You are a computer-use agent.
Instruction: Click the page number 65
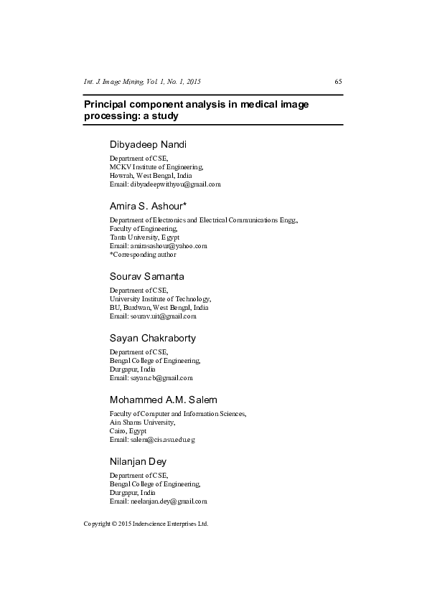[339, 81]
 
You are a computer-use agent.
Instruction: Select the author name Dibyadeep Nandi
[148, 145]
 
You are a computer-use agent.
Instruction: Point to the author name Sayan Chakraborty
[152, 338]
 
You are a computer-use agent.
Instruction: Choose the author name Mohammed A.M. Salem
[163, 400]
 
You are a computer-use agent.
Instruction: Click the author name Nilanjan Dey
[139, 461]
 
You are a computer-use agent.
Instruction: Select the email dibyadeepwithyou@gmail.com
[174, 184]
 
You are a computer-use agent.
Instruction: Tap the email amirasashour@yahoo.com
[168, 245]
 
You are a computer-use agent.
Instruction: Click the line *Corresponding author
[143, 254]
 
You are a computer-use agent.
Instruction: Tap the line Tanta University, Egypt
[144, 237]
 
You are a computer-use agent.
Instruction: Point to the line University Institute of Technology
[160, 298]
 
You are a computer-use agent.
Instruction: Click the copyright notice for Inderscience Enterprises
[146, 524]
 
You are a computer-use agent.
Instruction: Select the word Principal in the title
[103, 104]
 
